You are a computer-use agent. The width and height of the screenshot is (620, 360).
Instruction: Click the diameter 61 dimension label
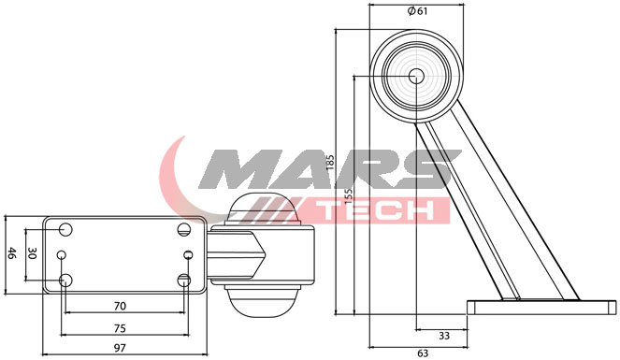point(418,11)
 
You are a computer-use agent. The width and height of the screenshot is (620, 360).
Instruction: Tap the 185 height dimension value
point(330,162)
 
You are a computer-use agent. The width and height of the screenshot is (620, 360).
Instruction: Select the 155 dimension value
point(349,196)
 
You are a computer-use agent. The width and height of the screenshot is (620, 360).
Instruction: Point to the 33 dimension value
point(444,336)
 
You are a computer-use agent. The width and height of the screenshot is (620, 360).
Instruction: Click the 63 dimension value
point(423,353)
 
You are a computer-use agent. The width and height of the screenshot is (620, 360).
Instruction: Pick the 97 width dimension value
point(120,348)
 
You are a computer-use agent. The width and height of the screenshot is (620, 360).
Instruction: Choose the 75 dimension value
point(120,328)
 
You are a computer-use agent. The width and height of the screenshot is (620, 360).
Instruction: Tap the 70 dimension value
point(120,306)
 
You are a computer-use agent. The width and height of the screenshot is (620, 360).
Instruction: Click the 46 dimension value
point(12,253)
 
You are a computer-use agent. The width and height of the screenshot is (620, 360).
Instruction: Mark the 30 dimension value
point(32,254)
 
